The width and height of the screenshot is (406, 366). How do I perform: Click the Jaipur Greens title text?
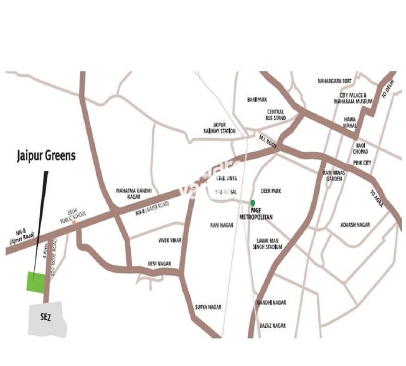click(45, 157)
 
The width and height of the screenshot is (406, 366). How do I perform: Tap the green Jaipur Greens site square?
click(37, 282)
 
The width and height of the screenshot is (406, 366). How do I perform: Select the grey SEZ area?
click(47, 320)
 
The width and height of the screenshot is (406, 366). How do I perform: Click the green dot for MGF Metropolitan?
click(253, 203)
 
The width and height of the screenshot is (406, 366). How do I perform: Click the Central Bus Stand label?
click(275, 115)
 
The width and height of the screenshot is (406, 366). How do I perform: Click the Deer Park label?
click(271, 191)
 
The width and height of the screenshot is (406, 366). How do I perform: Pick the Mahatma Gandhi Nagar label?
click(134, 194)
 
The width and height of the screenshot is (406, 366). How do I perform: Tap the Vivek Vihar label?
click(171, 240)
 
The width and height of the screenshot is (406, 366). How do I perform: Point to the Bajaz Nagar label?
click(271, 326)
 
